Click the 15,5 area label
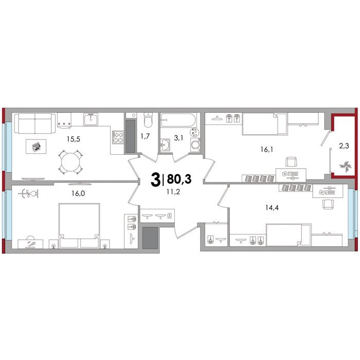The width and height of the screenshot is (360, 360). pyautogui.click(x=74, y=139)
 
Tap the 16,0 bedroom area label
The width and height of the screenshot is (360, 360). pyautogui.click(x=78, y=193)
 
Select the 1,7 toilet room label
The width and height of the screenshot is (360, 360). pyautogui.click(x=145, y=137)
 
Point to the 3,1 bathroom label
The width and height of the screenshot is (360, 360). pyautogui.click(x=178, y=138)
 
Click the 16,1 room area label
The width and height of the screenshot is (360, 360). pyautogui.click(x=266, y=150)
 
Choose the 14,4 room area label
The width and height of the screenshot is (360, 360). pyautogui.click(x=272, y=208)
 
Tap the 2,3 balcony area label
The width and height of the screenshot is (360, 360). pyautogui.click(x=344, y=146)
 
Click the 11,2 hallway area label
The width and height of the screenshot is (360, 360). pyautogui.click(x=173, y=192)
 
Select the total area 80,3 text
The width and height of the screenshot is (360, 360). pyautogui.click(x=179, y=179)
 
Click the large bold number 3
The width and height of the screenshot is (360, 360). pyautogui.click(x=155, y=179)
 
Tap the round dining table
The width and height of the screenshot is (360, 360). pyautogui.click(x=71, y=162)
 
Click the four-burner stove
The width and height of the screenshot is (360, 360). pyautogui.click(x=118, y=137)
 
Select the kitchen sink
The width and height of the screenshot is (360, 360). pyautogui.click(x=91, y=119)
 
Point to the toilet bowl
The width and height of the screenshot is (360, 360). pyautogui.click(x=148, y=120)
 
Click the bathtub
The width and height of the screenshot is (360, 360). pyautogui.click(x=178, y=120)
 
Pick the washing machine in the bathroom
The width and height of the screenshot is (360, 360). pyautogui.click(x=195, y=145)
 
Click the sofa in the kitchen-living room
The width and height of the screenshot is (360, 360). pyautogui.click(x=35, y=123)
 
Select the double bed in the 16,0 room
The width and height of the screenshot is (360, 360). pyautogui.click(x=79, y=225)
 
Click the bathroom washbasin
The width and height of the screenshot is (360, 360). pyautogui.click(x=165, y=145)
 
